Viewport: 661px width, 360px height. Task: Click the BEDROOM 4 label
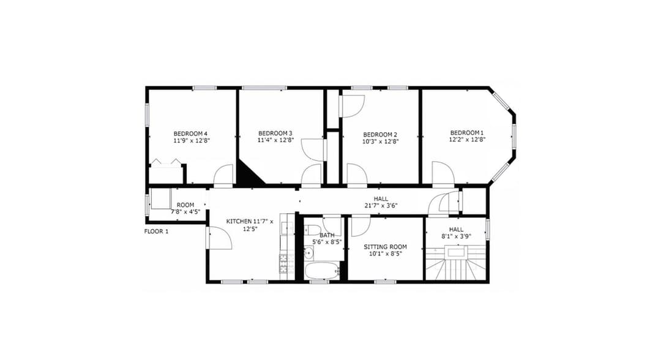(x=190, y=133)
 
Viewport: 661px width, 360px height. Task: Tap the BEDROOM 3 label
(x=275, y=133)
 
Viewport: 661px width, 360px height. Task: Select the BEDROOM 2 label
(x=380, y=135)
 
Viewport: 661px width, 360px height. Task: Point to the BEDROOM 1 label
(x=467, y=133)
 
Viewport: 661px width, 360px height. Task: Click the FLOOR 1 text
(x=157, y=231)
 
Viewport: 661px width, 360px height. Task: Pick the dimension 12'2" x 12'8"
(x=467, y=140)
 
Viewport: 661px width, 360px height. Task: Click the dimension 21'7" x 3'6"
(x=381, y=206)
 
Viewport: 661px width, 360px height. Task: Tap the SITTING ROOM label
(x=386, y=247)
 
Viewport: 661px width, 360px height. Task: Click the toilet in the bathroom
(x=313, y=230)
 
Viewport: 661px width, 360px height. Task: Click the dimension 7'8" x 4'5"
(x=185, y=212)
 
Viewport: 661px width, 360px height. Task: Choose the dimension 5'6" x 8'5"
(x=327, y=242)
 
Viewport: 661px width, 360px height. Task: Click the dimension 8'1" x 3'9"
(x=456, y=236)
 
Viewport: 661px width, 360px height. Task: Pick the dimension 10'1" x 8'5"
(x=386, y=253)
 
